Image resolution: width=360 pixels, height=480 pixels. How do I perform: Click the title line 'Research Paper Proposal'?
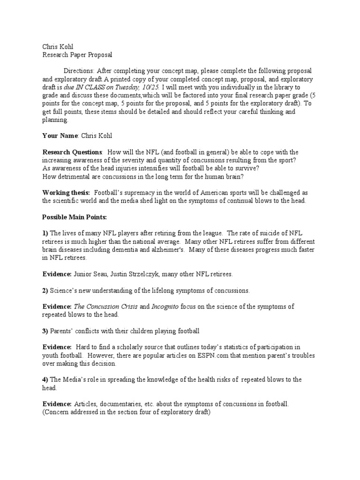77,55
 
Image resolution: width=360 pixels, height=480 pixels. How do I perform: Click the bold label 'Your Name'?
60,136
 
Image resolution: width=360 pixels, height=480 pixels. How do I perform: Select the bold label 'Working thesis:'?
66,193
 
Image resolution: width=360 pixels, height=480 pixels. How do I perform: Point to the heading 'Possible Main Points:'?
75,217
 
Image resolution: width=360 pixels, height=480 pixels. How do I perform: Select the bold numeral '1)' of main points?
45,233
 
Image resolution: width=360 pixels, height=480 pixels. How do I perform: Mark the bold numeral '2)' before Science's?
45,291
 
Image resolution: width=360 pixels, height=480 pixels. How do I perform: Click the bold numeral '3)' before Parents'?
45,331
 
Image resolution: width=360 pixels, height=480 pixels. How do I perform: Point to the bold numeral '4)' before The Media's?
45,380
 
